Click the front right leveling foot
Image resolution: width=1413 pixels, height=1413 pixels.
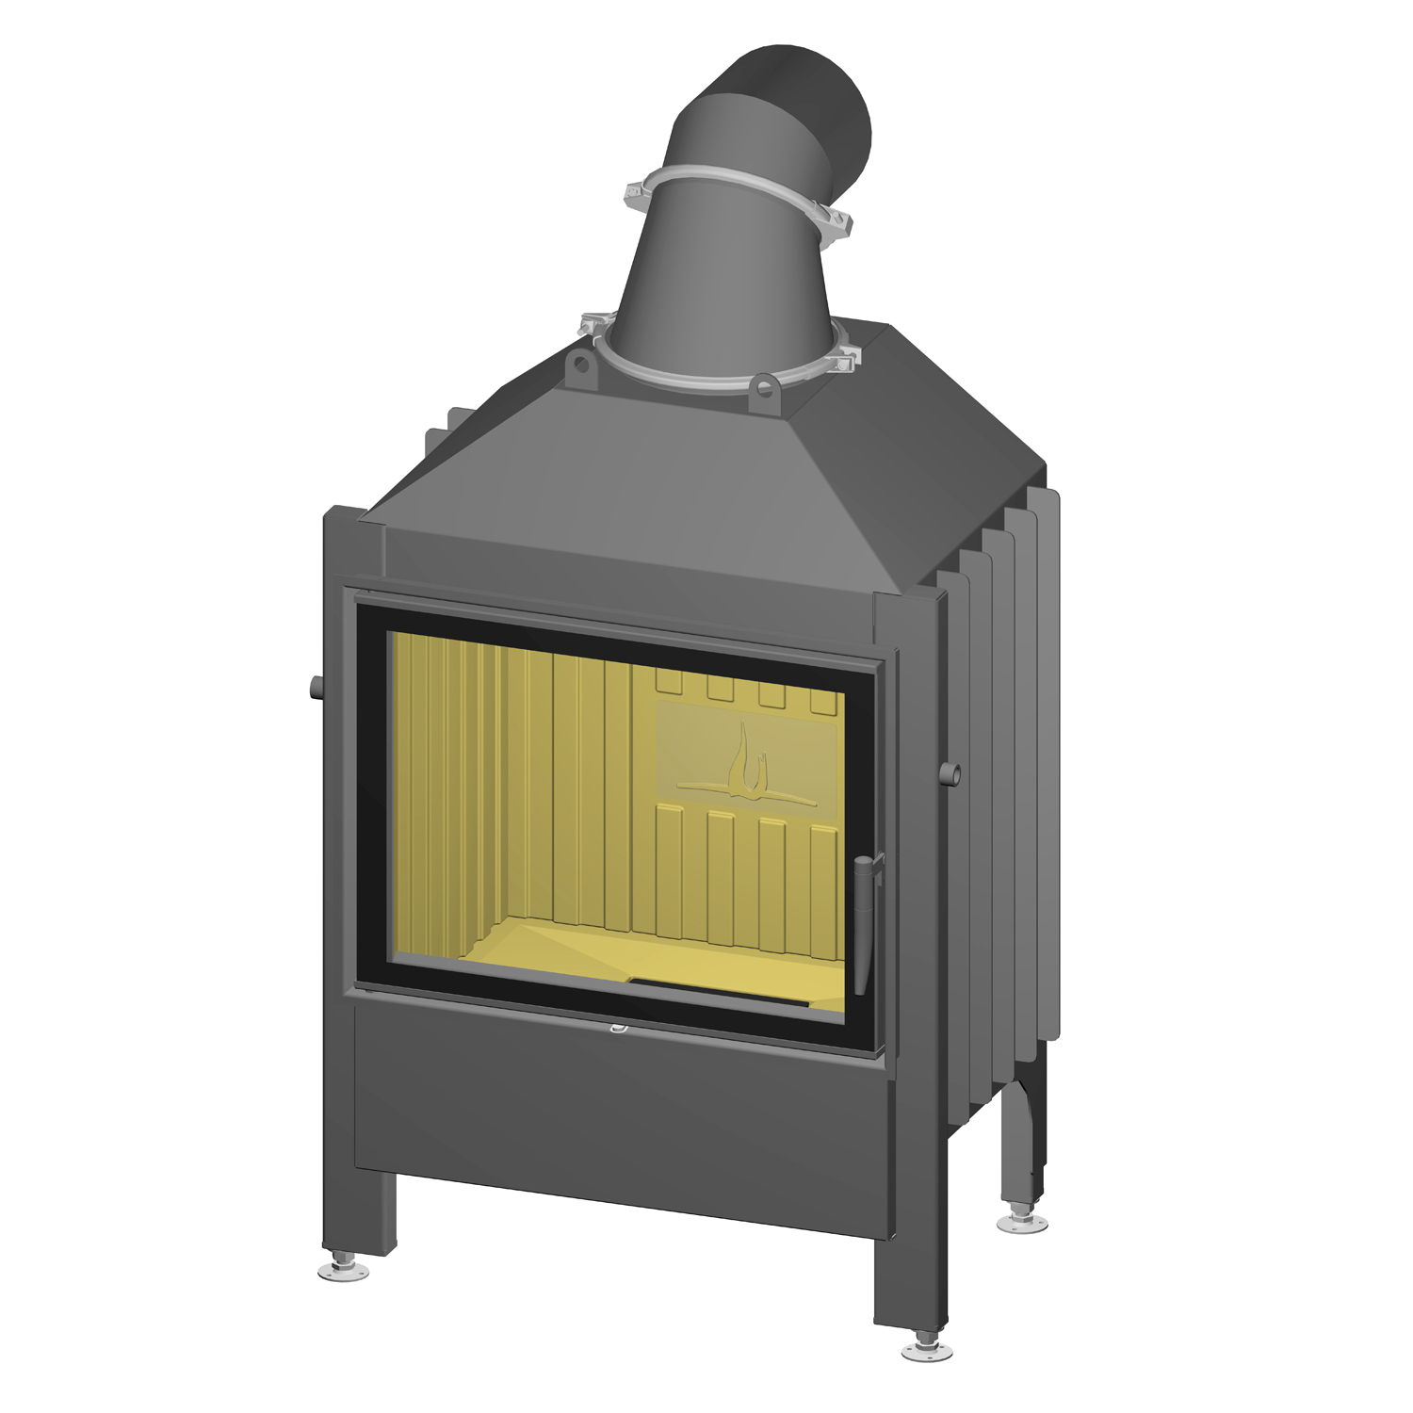tap(926, 1350)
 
